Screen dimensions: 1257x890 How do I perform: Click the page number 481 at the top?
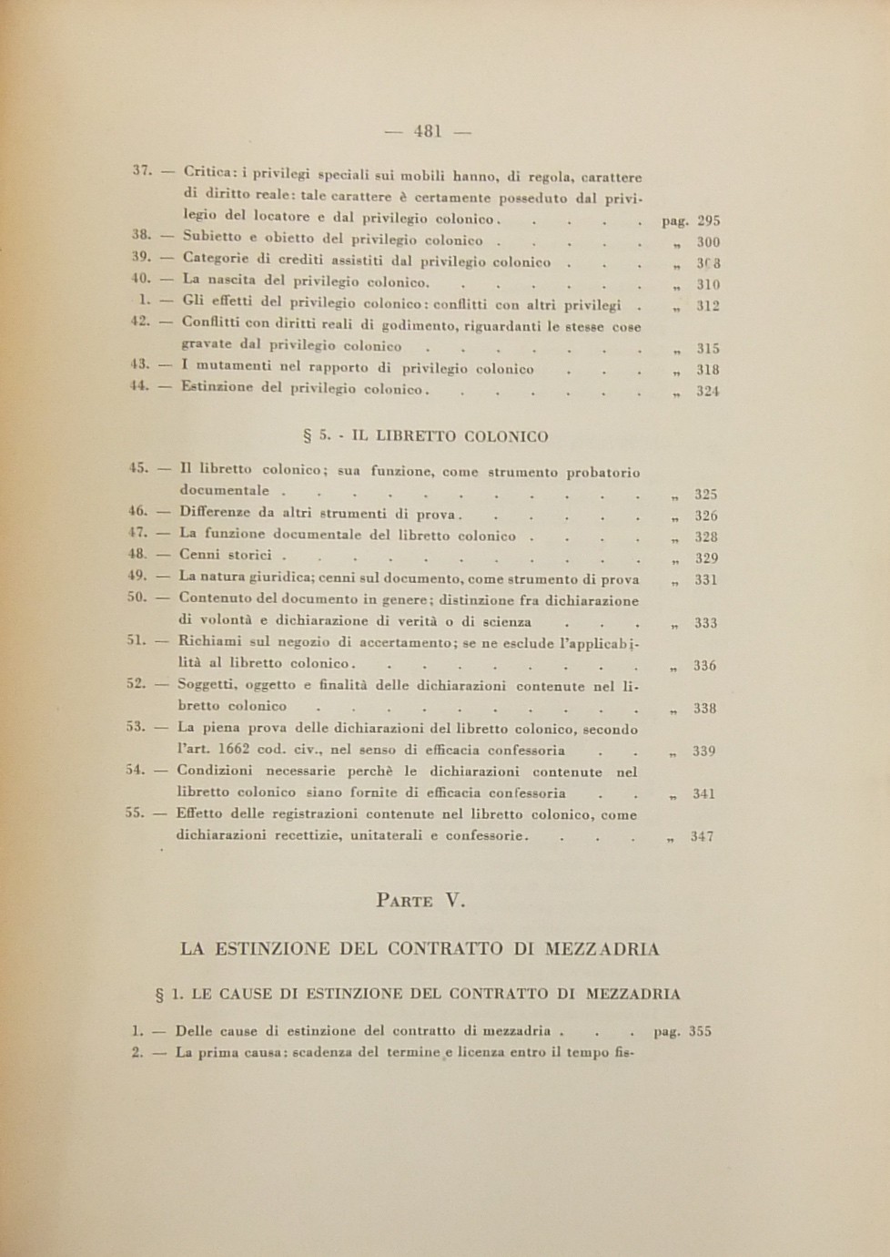pyautogui.click(x=428, y=131)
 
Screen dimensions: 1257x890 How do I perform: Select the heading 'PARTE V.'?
pyautogui.click(x=420, y=901)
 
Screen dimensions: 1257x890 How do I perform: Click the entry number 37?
pyautogui.click(x=141, y=170)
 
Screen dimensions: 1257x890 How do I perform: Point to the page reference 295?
pyautogui.click(x=708, y=220)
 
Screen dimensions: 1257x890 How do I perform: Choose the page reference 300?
pyautogui.click(x=708, y=242)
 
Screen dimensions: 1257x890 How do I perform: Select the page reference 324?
pyautogui.click(x=708, y=392)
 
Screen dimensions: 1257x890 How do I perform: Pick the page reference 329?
pyautogui.click(x=706, y=558)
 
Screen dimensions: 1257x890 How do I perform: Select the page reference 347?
pyautogui.click(x=702, y=836)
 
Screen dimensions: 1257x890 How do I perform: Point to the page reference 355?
pyautogui.click(x=700, y=1032)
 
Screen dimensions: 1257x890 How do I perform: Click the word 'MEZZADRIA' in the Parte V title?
pyautogui.click(x=602, y=949)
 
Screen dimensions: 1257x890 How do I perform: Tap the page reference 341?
pyautogui.click(x=703, y=794)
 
